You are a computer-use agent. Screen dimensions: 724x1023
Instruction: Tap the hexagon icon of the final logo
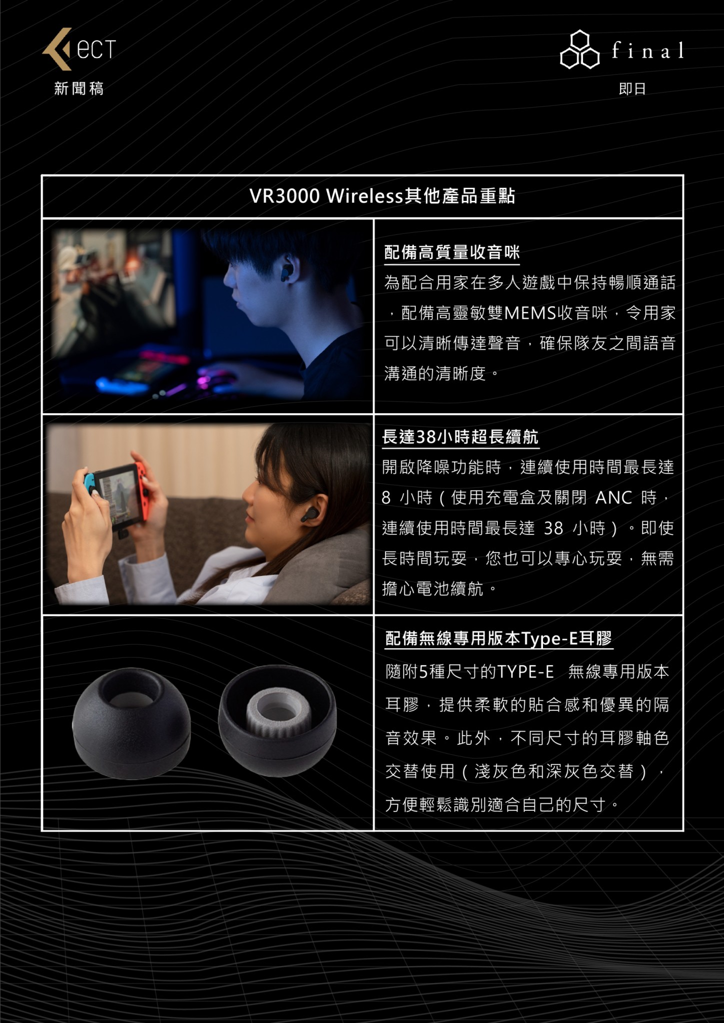coord(579,49)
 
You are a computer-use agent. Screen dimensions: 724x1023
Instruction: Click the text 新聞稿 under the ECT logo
coord(79,89)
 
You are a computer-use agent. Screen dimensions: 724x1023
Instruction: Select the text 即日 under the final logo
coord(632,89)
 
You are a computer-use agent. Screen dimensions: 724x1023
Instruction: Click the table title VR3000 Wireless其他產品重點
coord(382,196)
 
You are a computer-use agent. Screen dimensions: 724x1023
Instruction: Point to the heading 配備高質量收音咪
coord(452,252)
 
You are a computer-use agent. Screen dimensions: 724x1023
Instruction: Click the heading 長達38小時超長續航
coord(460,437)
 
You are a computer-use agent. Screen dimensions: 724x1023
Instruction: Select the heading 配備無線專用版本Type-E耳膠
coord(498,638)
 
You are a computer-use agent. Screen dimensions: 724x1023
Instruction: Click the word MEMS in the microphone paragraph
coord(530,313)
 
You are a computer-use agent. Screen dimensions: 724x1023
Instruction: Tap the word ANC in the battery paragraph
coord(614,498)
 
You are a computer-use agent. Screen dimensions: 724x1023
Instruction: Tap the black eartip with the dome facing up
coord(131,722)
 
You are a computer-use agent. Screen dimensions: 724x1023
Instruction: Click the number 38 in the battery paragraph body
coord(553,528)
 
